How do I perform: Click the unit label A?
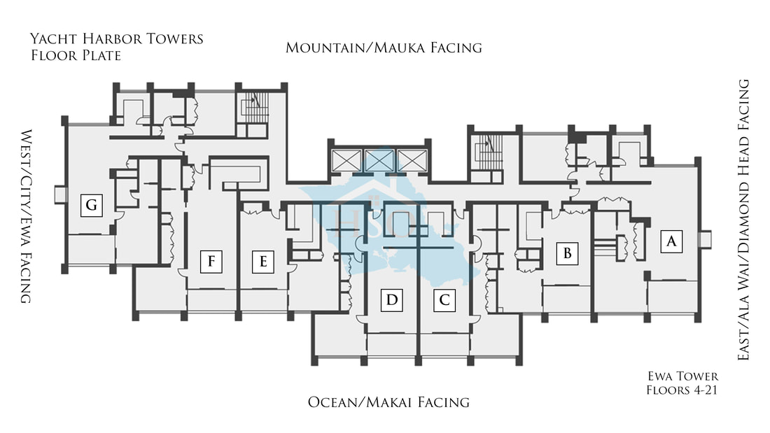click(x=671, y=241)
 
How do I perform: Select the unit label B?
click(x=568, y=253)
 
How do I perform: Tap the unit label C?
click(x=444, y=301)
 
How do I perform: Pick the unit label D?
click(x=392, y=301)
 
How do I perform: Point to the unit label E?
click(x=263, y=262)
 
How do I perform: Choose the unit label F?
click(x=211, y=262)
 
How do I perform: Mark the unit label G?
click(x=91, y=205)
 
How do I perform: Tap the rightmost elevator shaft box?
click(x=412, y=160)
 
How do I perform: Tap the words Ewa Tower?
click(x=682, y=376)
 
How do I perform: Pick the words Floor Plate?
click(x=76, y=55)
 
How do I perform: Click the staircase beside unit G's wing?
click(x=253, y=109)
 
